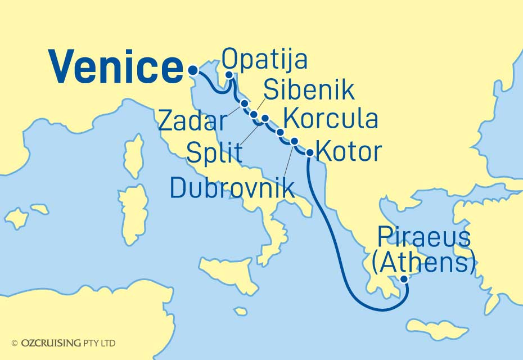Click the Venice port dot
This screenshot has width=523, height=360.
coord(193,71)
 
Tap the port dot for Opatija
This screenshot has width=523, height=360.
coord(229,75)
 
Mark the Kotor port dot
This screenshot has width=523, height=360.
coord(309,152)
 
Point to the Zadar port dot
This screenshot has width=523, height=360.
coord(244,103)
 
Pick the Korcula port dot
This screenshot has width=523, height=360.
coord(280,133)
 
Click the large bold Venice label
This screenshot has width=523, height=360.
coord(115,68)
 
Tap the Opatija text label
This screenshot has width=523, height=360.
coord(265,58)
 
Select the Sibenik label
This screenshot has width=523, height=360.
coord(309,91)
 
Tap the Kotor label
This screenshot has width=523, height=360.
coord(349,151)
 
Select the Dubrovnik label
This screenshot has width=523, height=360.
coord(232,188)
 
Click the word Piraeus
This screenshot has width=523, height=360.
coord(424,238)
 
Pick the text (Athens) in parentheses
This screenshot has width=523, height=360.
coord(422,262)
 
